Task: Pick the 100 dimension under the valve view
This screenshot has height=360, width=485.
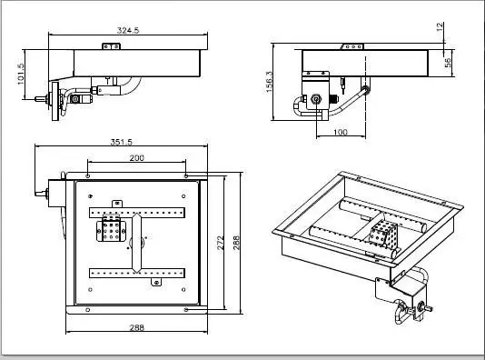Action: point(339,133)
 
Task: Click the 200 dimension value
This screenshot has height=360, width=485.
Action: point(135,158)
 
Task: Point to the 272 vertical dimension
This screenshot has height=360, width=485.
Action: point(221,244)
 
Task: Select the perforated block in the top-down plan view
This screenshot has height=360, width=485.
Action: point(114,231)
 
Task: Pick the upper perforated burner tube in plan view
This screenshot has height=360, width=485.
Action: point(137,214)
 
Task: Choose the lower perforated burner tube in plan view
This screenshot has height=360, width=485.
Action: point(137,272)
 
